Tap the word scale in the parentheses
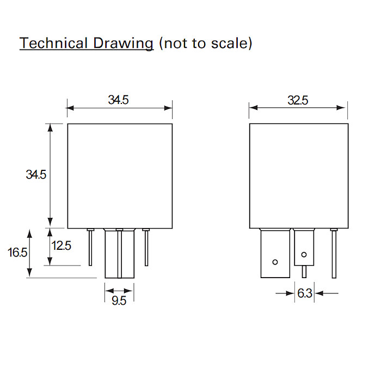(x=229, y=44)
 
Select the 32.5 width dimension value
(x=298, y=100)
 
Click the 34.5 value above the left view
(x=118, y=100)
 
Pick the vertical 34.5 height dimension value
(x=36, y=175)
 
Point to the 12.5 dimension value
(x=61, y=245)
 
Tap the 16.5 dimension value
(x=17, y=253)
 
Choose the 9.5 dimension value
(x=119, y=301)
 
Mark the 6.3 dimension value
(x=305, y=294)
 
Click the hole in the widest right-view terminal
(x=275, y=262)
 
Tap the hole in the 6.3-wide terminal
(x=304, y=254)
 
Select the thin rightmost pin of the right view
(x=334, y=253)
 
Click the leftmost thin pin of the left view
(x=91, y=248)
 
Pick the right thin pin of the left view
(x=146, y=248)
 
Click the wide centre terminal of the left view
(x=119, y=254)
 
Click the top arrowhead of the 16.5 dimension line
(x=30, y=231)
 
